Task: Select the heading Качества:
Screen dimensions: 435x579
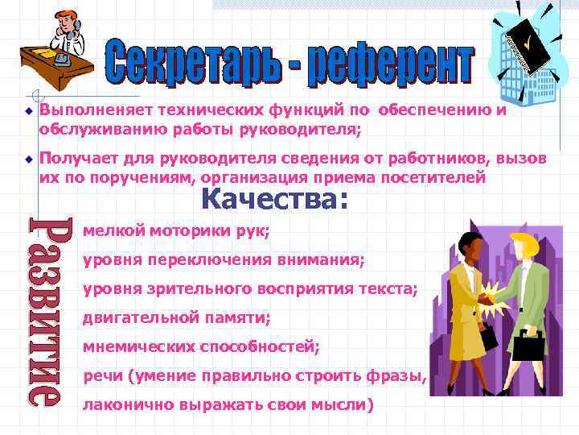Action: tap(275, 197)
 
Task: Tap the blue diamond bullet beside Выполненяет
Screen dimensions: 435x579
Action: tap(27, 111)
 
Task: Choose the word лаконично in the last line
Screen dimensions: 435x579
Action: tap(123, 405)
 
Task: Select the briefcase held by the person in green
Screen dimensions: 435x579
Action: tap(528, 346)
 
